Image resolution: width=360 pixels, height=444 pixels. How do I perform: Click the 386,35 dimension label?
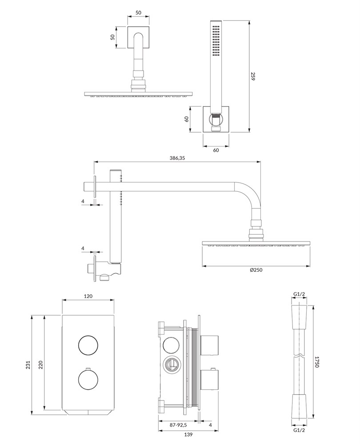point(177,159)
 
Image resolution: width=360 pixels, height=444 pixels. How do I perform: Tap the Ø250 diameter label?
point(256,270)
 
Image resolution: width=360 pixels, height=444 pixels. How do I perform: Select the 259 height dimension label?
point(252,76)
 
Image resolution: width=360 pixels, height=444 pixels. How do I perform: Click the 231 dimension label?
point(28,365)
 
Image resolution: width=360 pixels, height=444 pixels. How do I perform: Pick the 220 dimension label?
point(40,365)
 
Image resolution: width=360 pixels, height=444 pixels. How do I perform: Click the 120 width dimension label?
point(88,296)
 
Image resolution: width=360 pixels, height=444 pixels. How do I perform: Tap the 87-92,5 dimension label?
point(178,425)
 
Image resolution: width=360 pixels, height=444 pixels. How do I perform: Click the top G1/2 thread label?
point(299,294)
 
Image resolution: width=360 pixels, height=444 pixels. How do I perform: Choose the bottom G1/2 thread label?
point(299,438)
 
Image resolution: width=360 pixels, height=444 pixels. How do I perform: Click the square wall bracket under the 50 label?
point(138,37)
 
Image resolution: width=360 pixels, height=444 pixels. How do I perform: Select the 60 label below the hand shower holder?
point(216,151)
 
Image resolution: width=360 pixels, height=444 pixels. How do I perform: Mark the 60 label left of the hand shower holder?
point(187,119)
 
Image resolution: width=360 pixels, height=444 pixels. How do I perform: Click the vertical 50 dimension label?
point(113,37)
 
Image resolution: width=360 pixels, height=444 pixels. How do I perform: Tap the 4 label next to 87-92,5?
point(210,425)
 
